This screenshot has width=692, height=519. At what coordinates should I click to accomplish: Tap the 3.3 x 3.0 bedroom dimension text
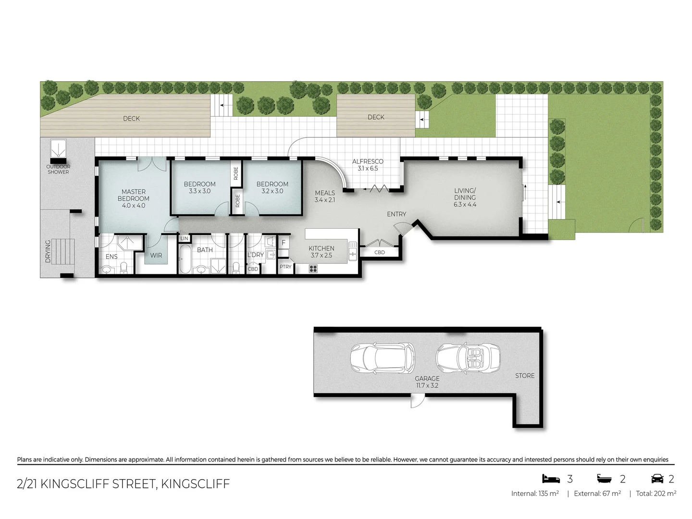coord(199,191)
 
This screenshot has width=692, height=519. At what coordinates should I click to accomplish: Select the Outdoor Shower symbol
coord(58,148)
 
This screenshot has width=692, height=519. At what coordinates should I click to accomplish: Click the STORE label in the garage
coord(524,376)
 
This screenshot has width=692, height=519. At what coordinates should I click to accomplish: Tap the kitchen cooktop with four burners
coord(313,269)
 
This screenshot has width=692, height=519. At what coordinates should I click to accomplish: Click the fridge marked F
coord(284,243)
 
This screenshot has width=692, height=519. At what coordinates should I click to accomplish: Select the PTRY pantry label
coord(285,267)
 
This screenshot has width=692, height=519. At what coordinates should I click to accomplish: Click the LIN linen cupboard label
coord(184,238)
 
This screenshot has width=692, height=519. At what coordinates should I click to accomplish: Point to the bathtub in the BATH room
coord(185,259)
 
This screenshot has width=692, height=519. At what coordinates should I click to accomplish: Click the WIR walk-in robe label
coord(156,256)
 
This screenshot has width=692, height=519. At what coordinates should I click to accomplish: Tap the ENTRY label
coord(396,214)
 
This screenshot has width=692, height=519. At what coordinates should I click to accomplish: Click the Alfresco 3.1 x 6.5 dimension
coord(368,169)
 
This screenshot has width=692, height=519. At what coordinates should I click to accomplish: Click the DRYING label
coord(48,251)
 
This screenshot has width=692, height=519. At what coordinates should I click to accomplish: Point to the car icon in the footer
coord(657,479)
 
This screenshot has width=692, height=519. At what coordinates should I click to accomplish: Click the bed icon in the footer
coord(551,479)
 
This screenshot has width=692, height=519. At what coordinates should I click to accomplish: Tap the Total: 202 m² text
coord(656,494)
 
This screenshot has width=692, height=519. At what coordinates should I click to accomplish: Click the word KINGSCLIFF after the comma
coord(195,484)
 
